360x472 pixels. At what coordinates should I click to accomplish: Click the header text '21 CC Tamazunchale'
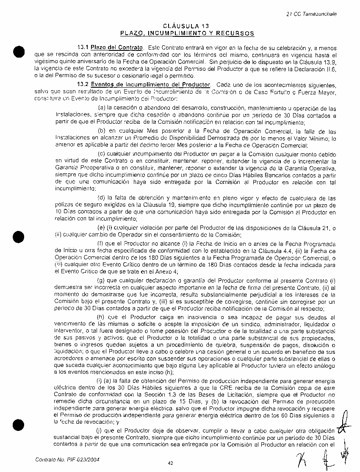click(x=311, y=14)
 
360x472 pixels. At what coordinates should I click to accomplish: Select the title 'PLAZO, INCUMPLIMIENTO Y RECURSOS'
click(x=187, y=33)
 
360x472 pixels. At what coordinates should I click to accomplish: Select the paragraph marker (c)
click(x=101, y=154)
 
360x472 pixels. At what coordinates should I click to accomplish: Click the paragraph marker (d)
click(x=101, y=198)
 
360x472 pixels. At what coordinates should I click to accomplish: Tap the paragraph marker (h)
click(x=101, y=317)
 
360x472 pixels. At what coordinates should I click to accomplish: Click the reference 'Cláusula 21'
click(x=316, y=228)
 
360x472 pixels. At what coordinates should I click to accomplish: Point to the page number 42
click(x=170, y=463)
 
